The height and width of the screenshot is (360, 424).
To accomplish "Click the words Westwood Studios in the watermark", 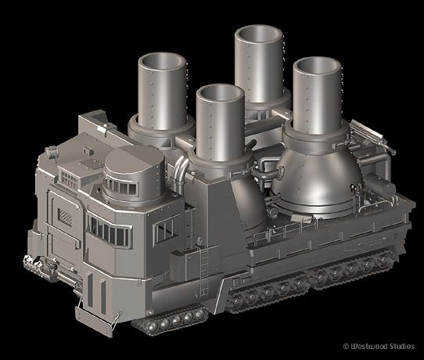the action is point(383,347).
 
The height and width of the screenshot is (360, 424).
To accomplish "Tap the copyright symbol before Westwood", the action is point(346,347).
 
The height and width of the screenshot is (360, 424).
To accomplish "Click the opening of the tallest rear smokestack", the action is point(259,34).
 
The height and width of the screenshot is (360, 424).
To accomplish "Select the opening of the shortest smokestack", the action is point(221,93).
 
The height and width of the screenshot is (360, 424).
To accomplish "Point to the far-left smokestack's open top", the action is point(162,62).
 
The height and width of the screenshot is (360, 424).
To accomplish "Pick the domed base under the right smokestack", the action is point(317,176).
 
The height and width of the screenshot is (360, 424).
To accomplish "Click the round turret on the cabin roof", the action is point(135,175).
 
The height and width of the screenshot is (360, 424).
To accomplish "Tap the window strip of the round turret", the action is point(122,186).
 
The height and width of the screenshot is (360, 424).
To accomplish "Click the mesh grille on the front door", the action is point(65,217).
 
